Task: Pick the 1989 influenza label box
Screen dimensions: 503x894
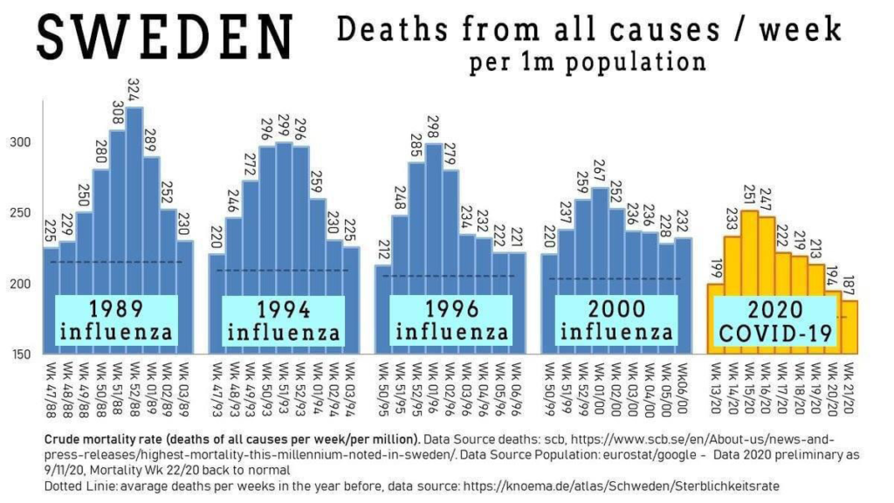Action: tap(116, 320)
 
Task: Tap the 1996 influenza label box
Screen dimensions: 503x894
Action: tap(451, 320)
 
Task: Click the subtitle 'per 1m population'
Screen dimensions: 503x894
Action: tap(587, 63)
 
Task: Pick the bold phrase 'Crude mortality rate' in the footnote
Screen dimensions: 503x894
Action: tap(109, 438)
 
